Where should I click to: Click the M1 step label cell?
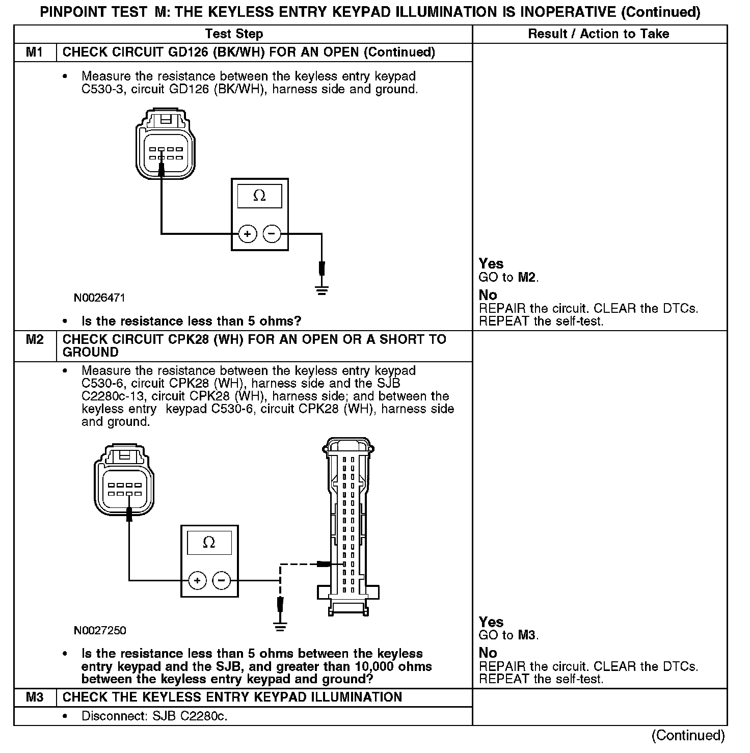click(x=34, y=52)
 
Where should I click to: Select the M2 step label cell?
click(x=34, y=340)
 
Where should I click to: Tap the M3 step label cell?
click(x=34, y=697)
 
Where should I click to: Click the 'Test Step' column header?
click(x=234, y=34)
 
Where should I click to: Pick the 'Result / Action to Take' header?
click(x=599, y=34)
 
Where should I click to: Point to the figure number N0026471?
click(x=99, y=298)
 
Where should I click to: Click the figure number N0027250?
click(x=100, y=631)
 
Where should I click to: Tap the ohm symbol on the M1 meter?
click(x=259, y=196)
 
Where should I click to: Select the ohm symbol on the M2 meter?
click(x=209, y=543)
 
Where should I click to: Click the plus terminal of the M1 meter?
click(x=247, y=234)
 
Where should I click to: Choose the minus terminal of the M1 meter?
click(x=272, y=234)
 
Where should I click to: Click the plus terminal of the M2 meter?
click(x=197, y=580)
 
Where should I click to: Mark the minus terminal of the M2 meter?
click(x=221, y=580)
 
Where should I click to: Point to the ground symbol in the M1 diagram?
click(x=322, y=290)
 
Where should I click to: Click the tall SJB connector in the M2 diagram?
click(x=349, y=525)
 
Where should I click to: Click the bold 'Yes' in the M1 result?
click(x=491, y=264)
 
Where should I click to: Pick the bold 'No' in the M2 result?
click(x=488, y=653)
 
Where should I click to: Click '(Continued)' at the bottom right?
click(x=688, y=735)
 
